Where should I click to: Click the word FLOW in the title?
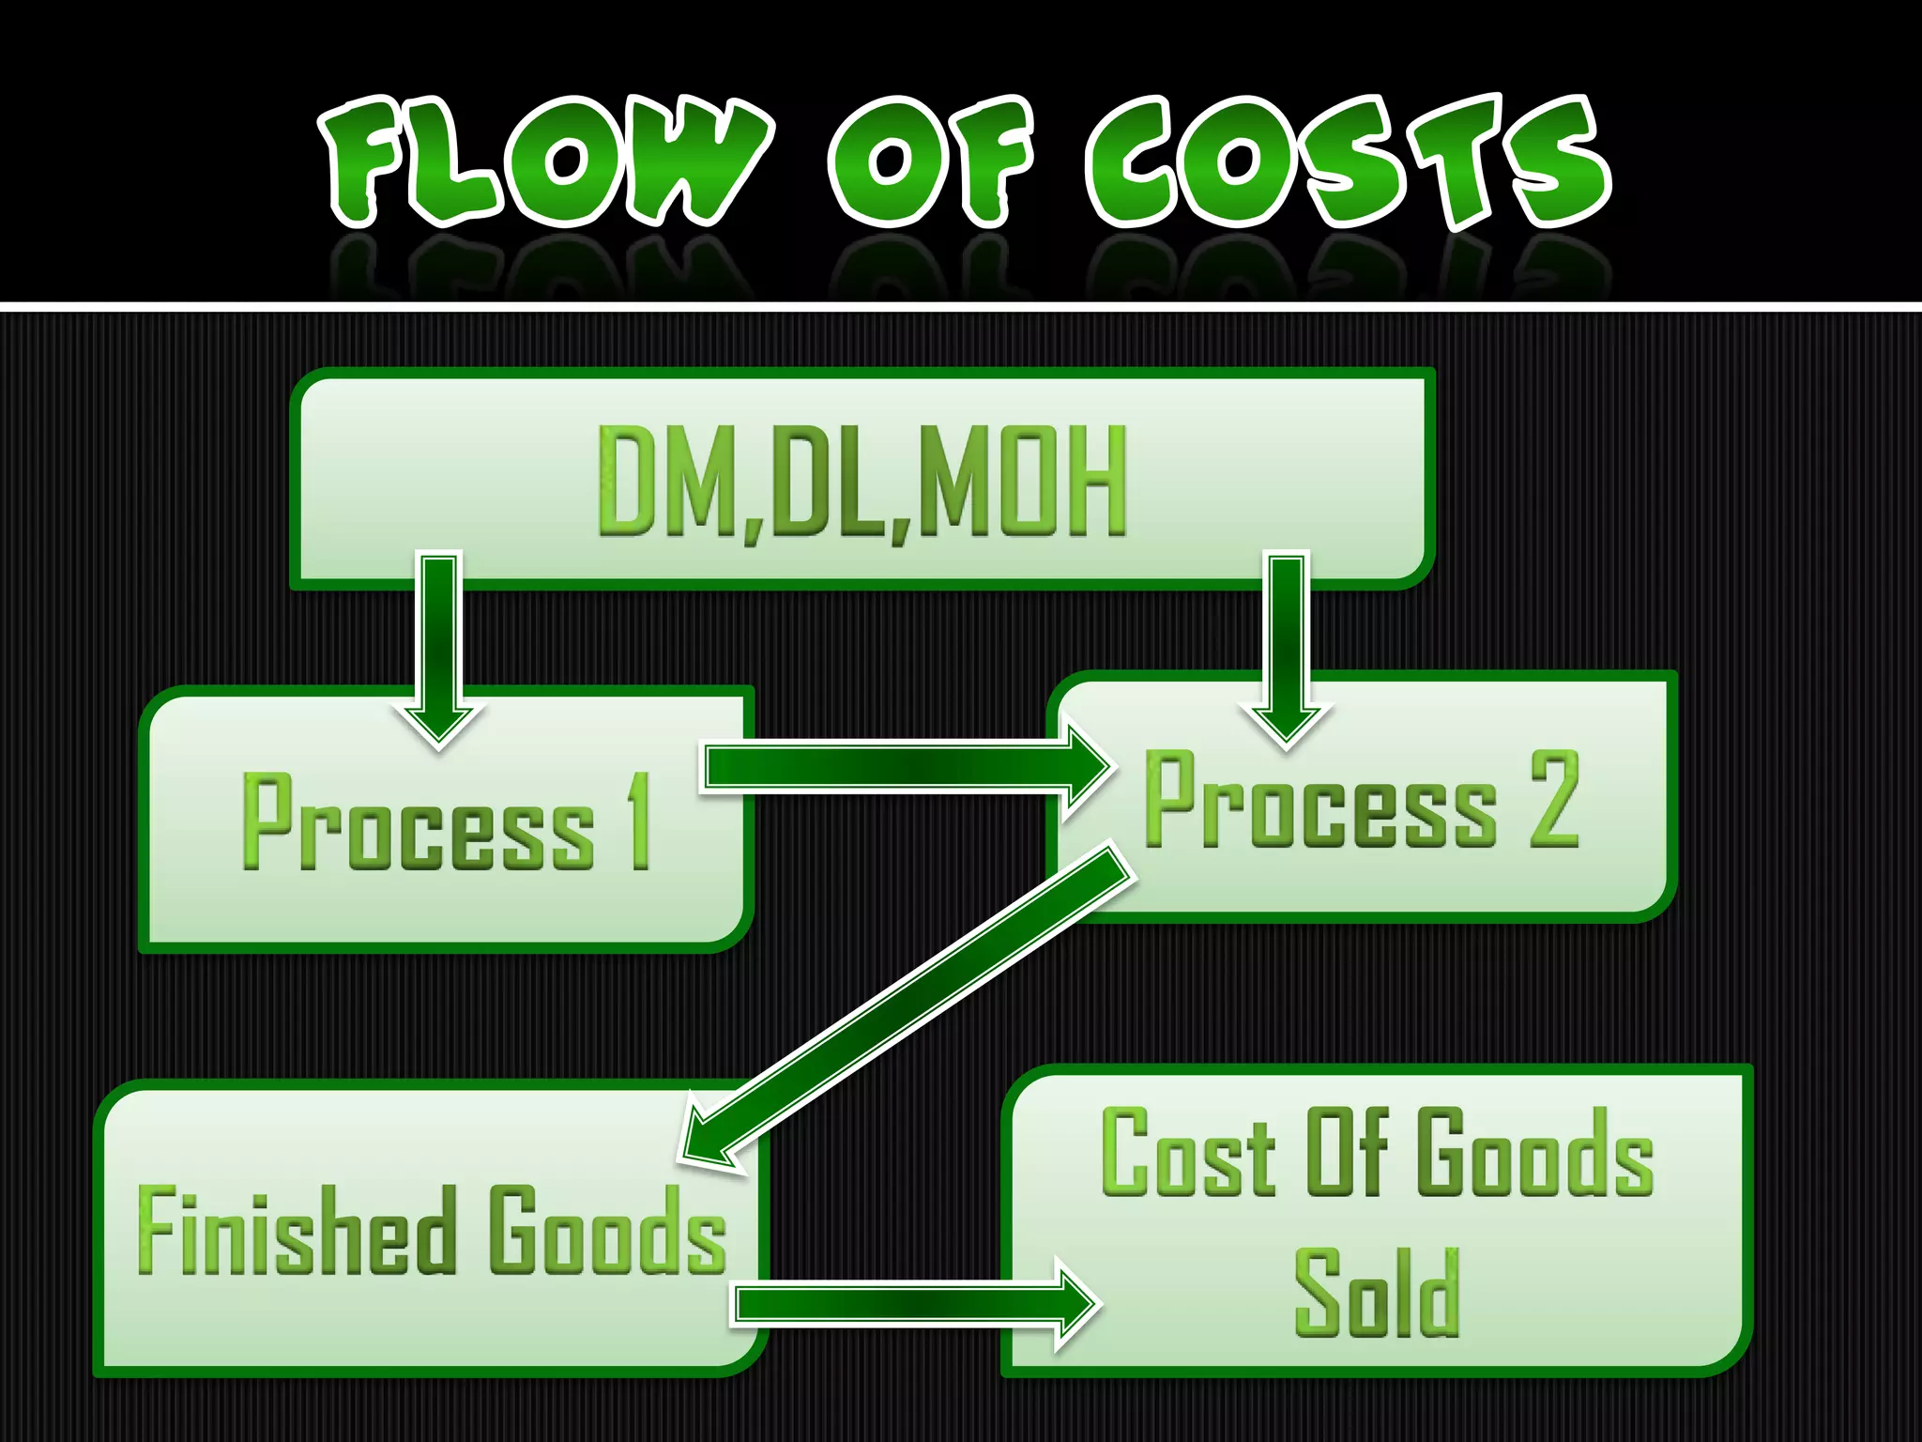(x=544, y=161)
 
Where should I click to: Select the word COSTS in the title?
(x=1347, y=161)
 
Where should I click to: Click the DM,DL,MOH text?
(x=862, y=481)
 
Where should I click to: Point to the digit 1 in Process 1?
(x=640, y=821)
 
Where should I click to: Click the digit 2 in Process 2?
(x=1554, y=800)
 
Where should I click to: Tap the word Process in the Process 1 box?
(x=419, y=822)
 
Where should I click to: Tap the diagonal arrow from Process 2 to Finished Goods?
(x=910, y=1005)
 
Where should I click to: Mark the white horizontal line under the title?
(x=961, y=306)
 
